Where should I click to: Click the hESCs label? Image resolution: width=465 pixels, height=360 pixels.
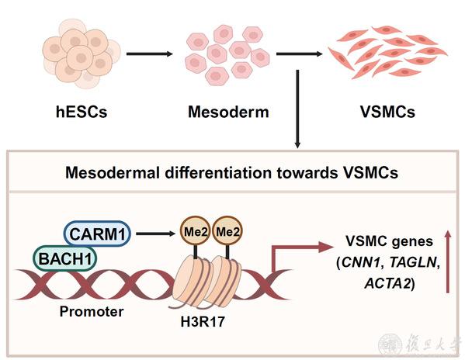(x=82, y=112)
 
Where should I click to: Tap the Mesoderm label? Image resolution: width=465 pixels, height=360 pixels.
(x=228, y=112)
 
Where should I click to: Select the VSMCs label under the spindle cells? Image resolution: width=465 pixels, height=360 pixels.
(x=387, y=112)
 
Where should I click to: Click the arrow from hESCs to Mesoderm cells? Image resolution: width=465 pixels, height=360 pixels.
(x=150, y=54)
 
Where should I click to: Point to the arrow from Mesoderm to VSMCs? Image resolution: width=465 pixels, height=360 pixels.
(x=299, y=54)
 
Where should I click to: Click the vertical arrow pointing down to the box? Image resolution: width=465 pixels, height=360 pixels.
(x=297, y=109)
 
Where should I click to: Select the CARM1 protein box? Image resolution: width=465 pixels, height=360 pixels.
(x=98, y=234)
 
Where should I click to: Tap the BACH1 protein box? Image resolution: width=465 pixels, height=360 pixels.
(x=65, y=258)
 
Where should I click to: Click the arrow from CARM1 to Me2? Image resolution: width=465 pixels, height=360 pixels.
(x=156, y=234)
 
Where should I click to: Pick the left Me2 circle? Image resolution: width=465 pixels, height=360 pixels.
(x=195, y=231)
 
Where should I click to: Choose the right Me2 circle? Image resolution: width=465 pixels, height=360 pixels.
(x=227, y=231)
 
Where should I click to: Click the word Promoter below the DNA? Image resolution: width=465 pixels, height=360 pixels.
(x=92, y=312)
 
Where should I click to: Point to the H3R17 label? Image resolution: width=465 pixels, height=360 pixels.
(x=203, y=322)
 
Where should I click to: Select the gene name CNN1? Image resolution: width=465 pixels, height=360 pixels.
(x=361, y=262)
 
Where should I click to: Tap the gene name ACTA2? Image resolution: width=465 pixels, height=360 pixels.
(x=387, y=283)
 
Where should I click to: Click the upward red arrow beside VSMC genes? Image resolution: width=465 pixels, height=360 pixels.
(x=448, y=262)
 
